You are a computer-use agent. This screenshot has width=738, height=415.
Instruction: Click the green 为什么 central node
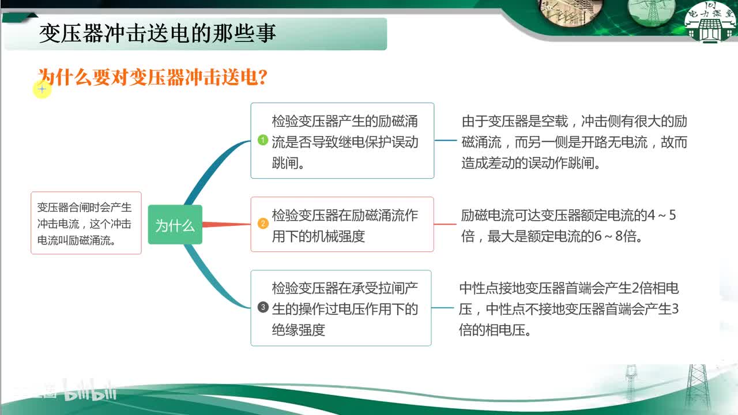(175, 225)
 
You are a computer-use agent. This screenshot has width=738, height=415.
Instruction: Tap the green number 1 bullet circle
(262, 140)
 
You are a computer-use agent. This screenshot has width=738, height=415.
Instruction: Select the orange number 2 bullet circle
(262, 224)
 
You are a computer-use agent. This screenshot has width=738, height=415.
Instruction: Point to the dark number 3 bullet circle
(263, 307)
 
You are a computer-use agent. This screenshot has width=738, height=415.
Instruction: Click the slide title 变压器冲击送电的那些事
(157, 34)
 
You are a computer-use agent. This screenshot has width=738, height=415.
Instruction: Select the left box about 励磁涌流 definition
(86, 223)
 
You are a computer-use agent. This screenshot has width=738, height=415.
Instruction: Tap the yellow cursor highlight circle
(42, 89)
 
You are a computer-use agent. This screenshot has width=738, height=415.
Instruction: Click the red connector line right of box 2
(445, 224)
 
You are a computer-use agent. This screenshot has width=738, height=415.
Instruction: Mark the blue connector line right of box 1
(445, 140)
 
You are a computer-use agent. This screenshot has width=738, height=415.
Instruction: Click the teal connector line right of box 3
(443, 308)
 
